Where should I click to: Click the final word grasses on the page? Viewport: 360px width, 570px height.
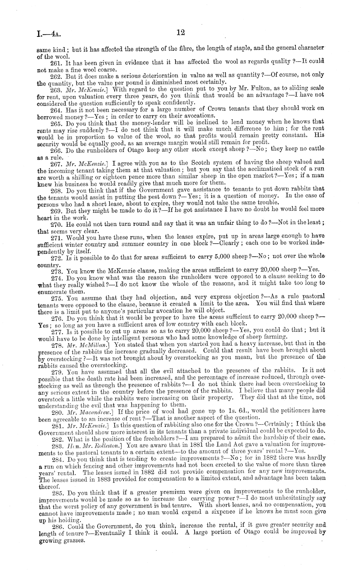click(x=74, y=541)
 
